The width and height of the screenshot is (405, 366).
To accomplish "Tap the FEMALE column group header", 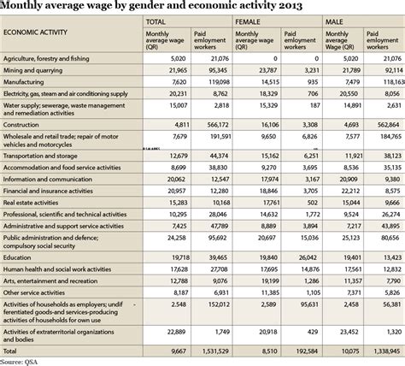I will coord(249,20).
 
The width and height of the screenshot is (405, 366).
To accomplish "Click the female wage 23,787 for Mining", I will coord(260,70).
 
